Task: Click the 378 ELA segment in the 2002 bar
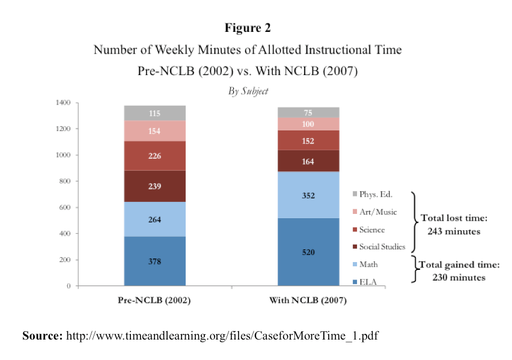coord(154,261)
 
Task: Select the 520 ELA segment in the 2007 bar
coord(308,252)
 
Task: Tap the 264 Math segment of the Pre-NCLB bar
coord(154,219)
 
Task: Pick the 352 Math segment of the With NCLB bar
coord(308,195)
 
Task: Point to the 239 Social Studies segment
coord(154,186)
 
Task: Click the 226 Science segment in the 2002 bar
coord(154,156)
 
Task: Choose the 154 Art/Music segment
coord(154,131)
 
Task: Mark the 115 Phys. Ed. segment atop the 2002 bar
coord(154,113)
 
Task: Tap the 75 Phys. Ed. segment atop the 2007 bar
coord(308,112)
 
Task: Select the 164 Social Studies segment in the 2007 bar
coord(308,161)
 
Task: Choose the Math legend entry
coord(368,264)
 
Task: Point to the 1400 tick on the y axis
coord(63,103)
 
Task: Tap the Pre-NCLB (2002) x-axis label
coord(154,299)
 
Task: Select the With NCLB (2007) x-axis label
coord(308,299)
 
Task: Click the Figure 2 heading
coord(248,28)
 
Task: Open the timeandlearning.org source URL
coord(222,335)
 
